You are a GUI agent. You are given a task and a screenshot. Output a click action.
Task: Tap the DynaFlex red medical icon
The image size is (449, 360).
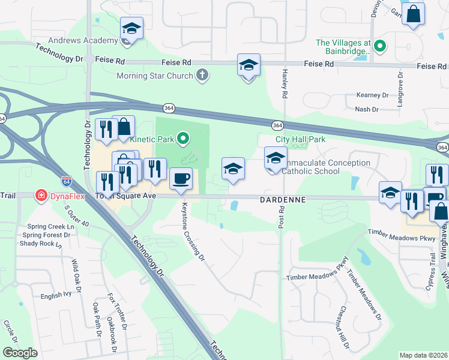coord(41,196)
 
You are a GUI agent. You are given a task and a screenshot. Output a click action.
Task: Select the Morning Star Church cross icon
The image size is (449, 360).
coord(203,76)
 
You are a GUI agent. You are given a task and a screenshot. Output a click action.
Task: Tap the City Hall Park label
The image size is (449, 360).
coord(300,139)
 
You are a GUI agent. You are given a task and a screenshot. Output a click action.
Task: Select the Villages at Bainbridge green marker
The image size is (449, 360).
coord(380,45)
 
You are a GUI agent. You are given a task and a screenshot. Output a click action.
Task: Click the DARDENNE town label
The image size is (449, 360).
coord(283,199)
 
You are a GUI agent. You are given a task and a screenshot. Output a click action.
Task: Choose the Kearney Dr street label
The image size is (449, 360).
coord(372,95)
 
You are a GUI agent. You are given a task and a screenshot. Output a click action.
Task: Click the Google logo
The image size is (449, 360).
coord(20,353)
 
